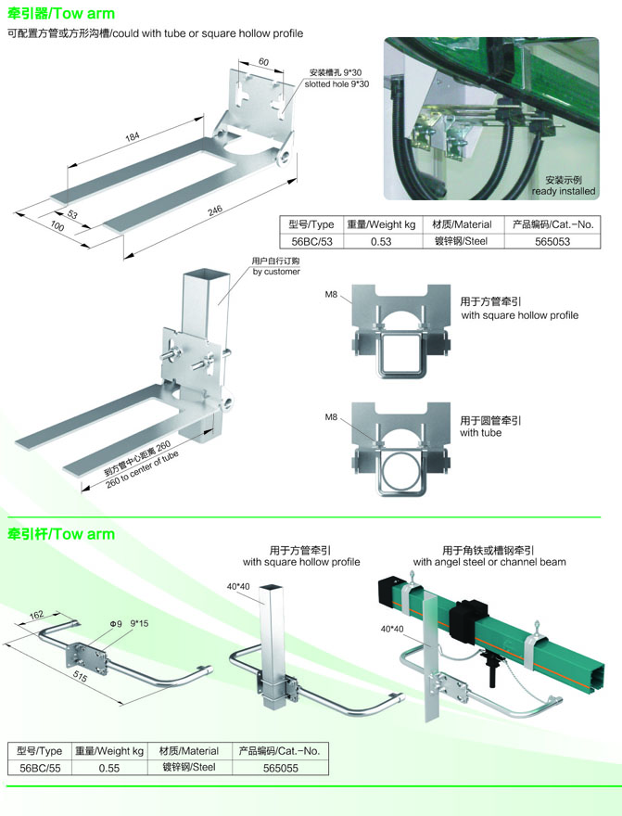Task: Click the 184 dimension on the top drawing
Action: point(133,136)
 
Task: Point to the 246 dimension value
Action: point(215,210)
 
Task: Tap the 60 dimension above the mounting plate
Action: point(263,62)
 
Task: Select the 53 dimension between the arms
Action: point(72,214)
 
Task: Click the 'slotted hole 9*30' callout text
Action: point(337,83)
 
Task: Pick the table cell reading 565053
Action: point(552,241)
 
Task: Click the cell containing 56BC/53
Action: point(311,241)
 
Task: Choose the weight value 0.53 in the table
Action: point(381,241)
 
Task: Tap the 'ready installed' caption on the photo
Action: point(564,191)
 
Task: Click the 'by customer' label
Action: point(276,272)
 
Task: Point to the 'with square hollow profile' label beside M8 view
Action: point(519,315)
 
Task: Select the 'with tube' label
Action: point(480,433)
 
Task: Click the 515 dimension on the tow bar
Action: point(80,676)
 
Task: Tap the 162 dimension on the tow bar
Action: point(36,615)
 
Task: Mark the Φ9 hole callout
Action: point(116,623)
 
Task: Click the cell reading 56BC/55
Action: point(40,768)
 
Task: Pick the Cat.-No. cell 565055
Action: point(280,768)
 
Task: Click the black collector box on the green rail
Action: point(468,615)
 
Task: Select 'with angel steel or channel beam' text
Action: point(489,562)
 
